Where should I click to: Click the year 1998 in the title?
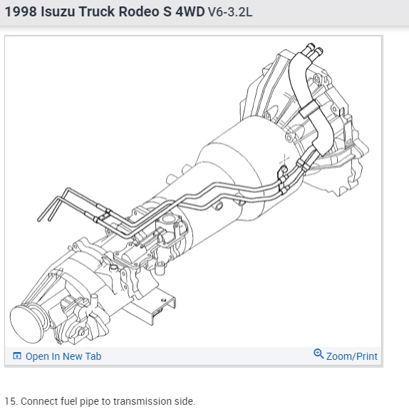click(x=21, y=11)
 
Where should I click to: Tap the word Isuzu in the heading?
click(x=58, y=11)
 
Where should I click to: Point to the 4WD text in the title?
click(x=190, y=11)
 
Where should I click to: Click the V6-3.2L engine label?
click(x=230, y=12)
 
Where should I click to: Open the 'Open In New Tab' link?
click(x=63, y=356)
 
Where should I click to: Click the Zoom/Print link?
click(x=351, y=356)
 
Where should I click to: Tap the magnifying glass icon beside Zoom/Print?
click(x=319, y=353)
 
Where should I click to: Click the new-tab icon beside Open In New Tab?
click(x=17, y=356)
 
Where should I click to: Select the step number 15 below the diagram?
click(x=11, y=401)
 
